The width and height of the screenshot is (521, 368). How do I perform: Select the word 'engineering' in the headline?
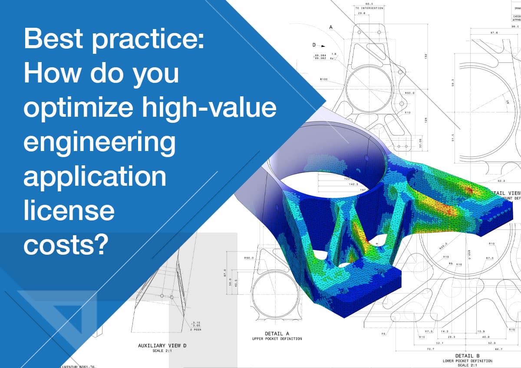click(99, 144)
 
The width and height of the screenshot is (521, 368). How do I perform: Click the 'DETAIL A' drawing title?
click(277, 334)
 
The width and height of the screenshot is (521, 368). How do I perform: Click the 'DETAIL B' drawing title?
click(467, 355)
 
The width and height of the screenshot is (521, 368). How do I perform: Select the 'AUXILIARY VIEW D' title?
click(162, 346)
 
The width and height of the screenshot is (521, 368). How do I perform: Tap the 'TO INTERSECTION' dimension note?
click(369, 8)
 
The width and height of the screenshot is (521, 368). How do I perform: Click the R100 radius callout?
click(323, 79)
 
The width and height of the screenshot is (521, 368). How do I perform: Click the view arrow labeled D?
click(314, 45)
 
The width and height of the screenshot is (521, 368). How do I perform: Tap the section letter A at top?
click(331, 27)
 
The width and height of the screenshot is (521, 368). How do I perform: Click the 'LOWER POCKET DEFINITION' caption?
click(467, 361)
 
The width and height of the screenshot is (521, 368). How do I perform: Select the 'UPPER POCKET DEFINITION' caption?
click(277, 338)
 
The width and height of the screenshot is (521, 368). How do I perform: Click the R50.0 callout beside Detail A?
click(249, 258)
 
